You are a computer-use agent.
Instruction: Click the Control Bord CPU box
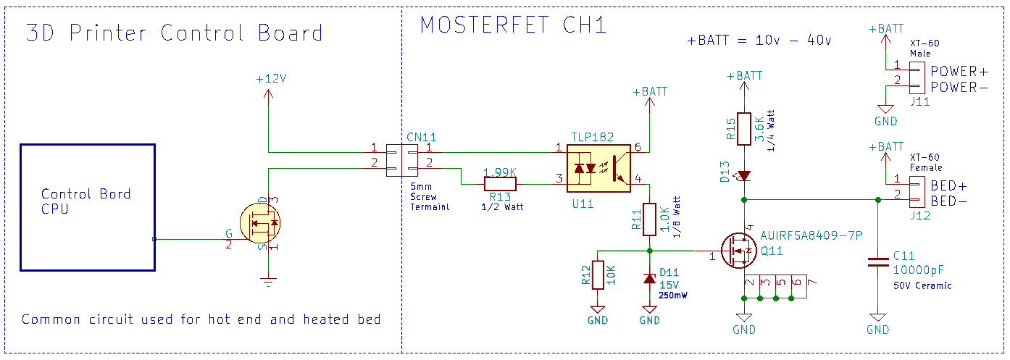tap(87, 207)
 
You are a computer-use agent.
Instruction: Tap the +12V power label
tap(271, 79)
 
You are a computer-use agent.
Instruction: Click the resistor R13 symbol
tap(500, 184)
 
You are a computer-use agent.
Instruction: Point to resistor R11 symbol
tap(649, 218)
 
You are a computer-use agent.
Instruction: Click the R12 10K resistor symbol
tap(597, 275)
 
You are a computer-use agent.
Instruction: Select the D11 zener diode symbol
tap(649, 279)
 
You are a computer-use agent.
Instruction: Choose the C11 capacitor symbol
tap(878, 262)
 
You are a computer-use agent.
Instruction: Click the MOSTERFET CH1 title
tap(513, 25)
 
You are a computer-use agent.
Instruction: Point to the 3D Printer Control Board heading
tap(174, 33)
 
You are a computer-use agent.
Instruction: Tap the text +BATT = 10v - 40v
tap(759, 41)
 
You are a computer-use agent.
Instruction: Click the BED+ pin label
tap(948, 185)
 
